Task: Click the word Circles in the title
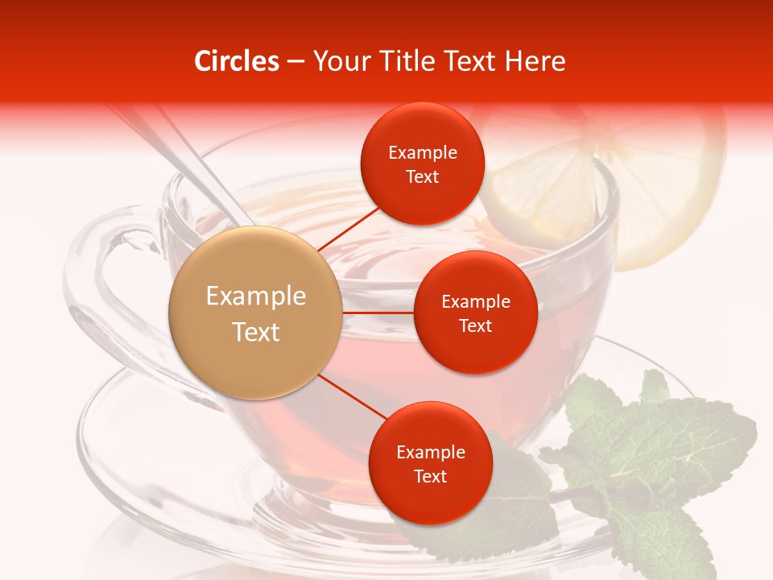(236, 61)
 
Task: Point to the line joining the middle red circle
(378, 313)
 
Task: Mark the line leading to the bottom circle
(353, 396)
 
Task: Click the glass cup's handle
(97, 298)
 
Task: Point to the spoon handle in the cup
(193, 161)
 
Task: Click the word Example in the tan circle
(255, 296)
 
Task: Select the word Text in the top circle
(422, 177)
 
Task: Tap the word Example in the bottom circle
(430, 452)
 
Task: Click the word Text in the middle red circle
(475, 326)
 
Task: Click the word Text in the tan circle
(255, 332)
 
